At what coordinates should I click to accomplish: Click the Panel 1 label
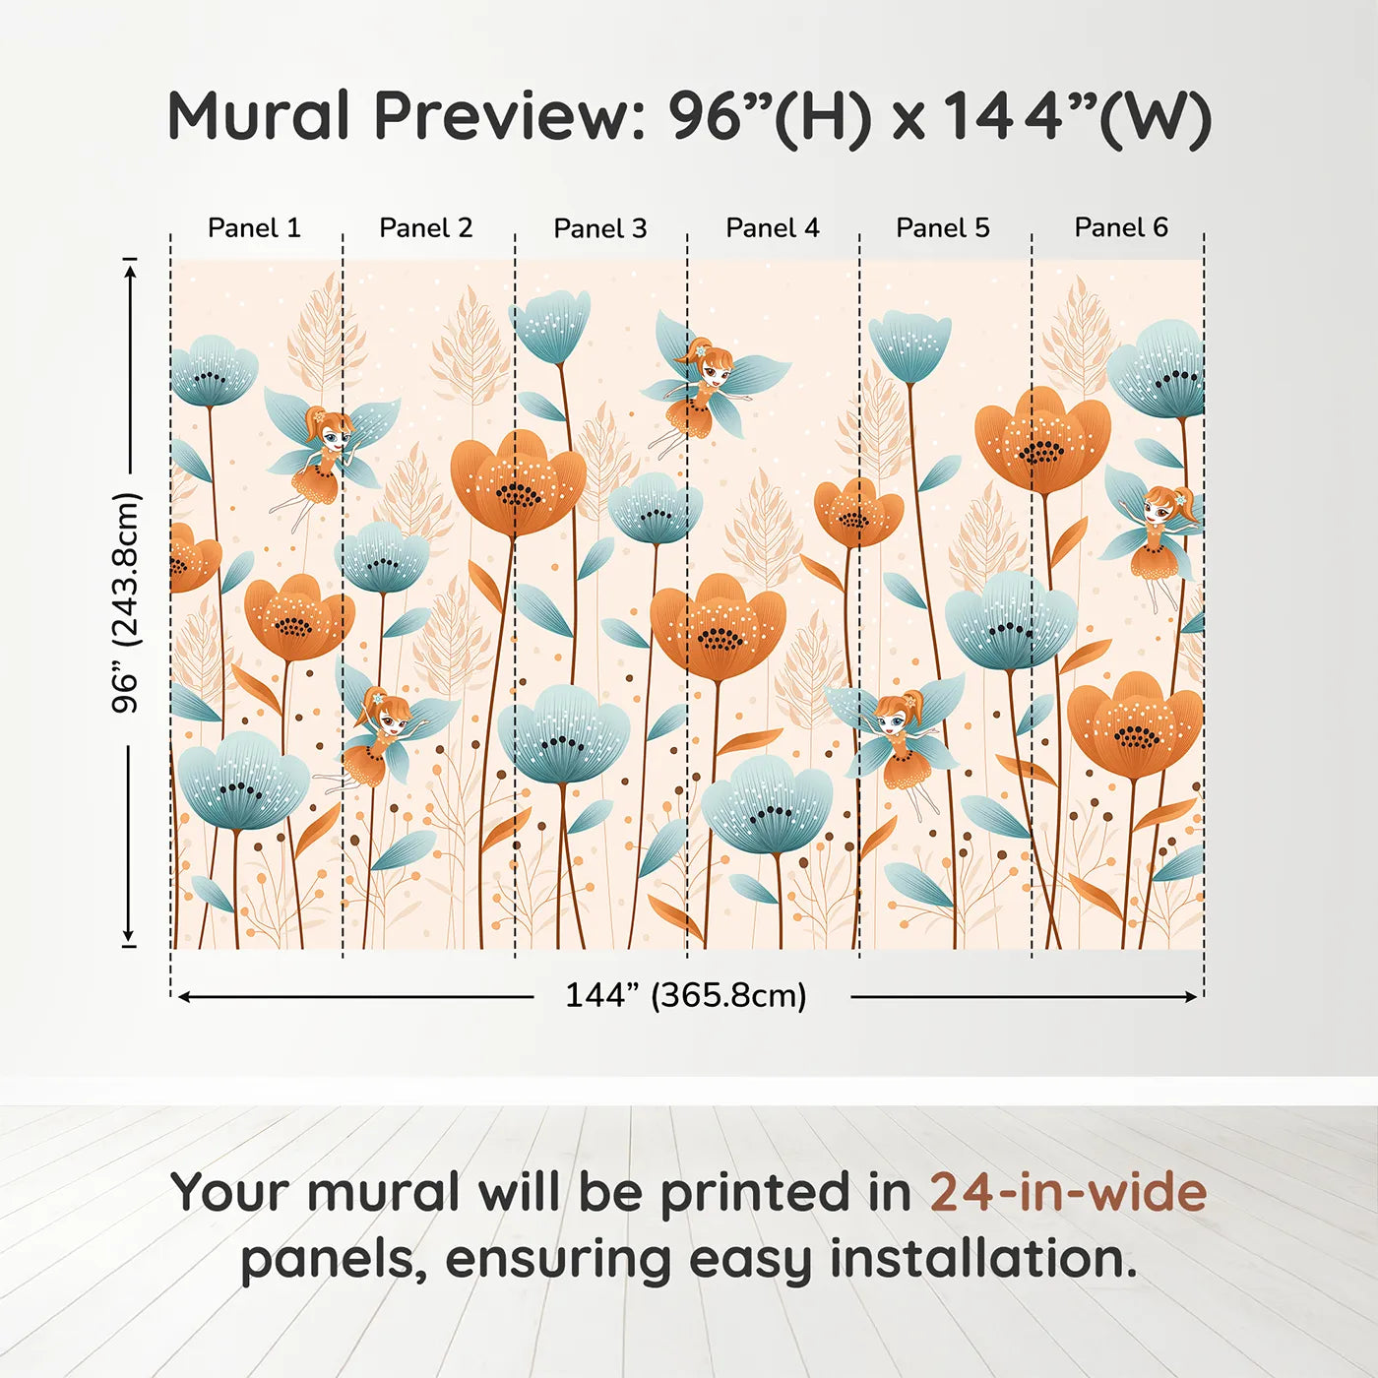tap(254, 227)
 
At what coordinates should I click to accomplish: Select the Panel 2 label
tap(426, 227)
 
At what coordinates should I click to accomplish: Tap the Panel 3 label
tap(600, 228)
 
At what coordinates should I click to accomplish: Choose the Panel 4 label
tap(773, 227)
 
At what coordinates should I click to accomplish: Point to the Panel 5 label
tap(943, 227)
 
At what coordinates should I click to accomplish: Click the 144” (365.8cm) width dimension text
tap(686, 995)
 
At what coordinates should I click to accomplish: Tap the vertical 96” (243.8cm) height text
tap(127, 602)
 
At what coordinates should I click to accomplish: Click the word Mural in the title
tap(258, 115)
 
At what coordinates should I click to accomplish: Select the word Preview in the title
tap(511, 115)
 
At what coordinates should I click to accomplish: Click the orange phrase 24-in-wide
tap(1068, 1192)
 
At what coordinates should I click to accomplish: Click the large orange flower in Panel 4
tap(718, 626)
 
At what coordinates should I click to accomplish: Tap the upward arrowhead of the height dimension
tap(129, 269)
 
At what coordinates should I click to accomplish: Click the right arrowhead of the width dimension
tap(1190, 996)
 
